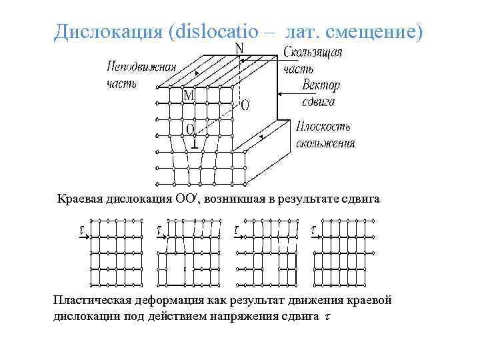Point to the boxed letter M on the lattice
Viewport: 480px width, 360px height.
click(x=189, y=95)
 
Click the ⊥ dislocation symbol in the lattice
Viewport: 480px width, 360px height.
click(x=194, y=142)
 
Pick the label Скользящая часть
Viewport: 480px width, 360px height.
click(x=313, y=59)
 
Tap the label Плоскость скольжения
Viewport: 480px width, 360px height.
click(x=324, y=134)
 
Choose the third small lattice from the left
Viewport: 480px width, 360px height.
click(x=271, y=253)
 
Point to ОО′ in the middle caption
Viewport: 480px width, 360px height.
click(x=187, y=198)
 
